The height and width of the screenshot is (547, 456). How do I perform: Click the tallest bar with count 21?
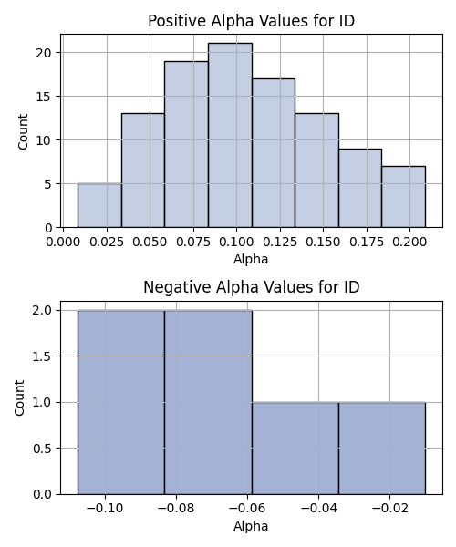tap(230, 135)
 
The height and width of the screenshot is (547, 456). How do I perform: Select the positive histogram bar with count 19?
tap(186, 144)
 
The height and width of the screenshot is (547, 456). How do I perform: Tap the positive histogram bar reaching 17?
tap(274, 153)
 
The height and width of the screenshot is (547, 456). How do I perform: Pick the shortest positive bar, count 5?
tap(99, 205)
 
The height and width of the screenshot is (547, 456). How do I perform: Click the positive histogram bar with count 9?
tap(360, 189)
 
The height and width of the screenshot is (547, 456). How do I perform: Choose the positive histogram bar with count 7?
tap(403, 197)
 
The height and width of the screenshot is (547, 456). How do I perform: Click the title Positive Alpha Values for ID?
tap(251, 21)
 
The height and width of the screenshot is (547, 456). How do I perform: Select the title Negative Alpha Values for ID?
tap(251, 287)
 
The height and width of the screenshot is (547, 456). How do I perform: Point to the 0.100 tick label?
tap(236, 242)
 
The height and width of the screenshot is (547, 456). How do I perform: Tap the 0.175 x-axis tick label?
tap(367, 242)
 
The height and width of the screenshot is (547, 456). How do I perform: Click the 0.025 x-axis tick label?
tap(107, 242)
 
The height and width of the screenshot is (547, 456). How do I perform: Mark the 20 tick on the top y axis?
tap(44, 53)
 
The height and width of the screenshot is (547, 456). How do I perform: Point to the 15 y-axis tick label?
tap(44, 97)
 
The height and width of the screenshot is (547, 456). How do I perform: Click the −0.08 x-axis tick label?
tap(176, 509)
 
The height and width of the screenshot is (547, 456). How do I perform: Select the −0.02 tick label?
tap(389, 509)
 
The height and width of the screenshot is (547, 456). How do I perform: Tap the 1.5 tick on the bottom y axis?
tap(42, 356)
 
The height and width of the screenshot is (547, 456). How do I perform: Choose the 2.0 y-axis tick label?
tap(42, 311)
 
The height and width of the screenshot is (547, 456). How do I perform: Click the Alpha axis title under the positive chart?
tap(251, 259)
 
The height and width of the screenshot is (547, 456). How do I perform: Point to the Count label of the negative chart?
tap(19, 397)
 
